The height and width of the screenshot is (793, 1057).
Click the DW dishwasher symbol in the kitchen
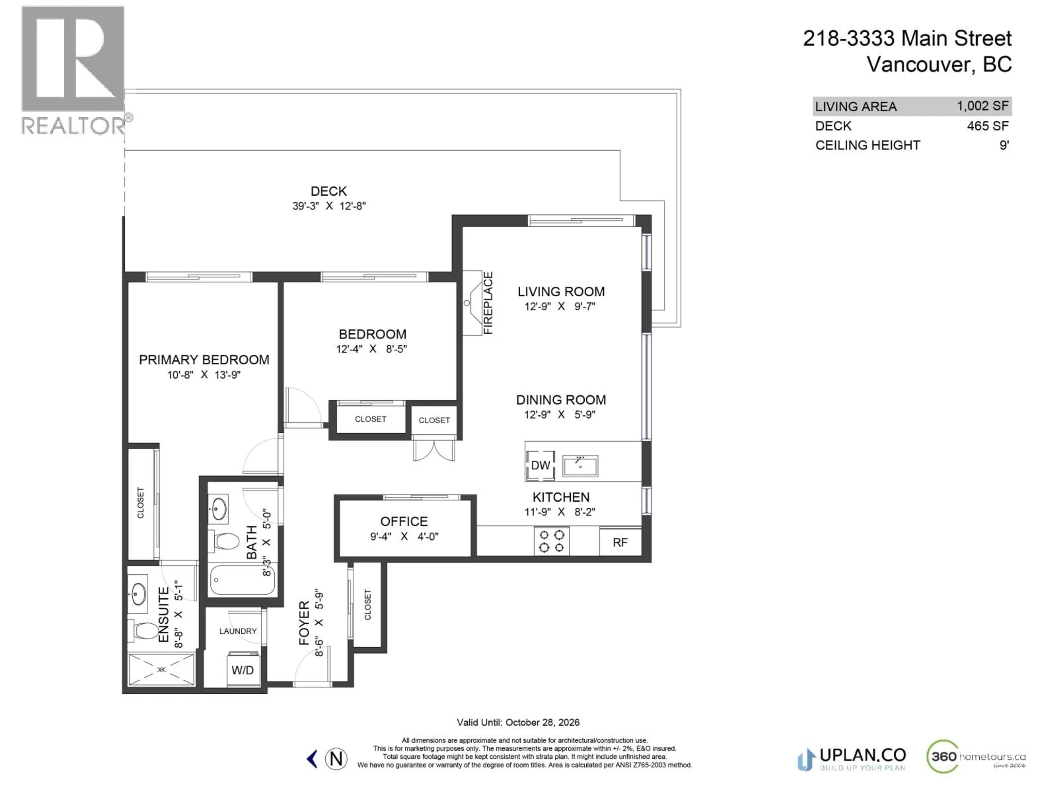tap(540, 465)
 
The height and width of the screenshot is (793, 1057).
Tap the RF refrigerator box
tap(620, 542)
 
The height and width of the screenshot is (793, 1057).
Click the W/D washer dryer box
tap(243, 670)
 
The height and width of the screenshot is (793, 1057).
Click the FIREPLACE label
tap(488, 303)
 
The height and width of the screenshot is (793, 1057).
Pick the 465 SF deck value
tap(987, 126)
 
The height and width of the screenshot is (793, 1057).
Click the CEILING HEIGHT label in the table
tap(867, 145)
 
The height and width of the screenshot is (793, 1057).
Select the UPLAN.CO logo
tap(852, 759)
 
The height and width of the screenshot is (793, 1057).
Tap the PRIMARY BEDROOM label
tap(204, 359)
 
